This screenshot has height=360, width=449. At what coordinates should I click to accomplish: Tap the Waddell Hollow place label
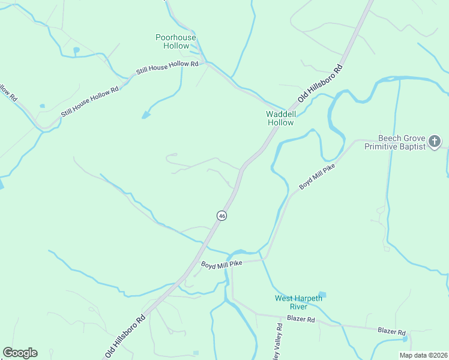click(x=280, y=118)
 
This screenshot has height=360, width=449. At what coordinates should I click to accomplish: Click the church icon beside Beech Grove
click(x=435, y=142)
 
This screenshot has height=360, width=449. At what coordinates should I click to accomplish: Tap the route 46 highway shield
click(x=221, y=216)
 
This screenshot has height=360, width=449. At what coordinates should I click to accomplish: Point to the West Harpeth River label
click(x=298, y=302)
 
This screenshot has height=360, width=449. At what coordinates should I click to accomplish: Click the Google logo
click(x=20, y=353)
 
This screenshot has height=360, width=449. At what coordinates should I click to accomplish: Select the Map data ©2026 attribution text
click(x=423, y=355)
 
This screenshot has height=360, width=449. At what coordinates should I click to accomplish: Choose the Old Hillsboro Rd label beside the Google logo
click(x=125, y=334)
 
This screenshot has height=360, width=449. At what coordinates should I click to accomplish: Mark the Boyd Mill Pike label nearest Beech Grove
click(x=317, y=176)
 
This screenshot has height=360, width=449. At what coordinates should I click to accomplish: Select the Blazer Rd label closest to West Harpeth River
click(x=301, y=319)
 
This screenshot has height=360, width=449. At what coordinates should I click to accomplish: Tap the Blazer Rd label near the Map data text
click(x=391, y=331)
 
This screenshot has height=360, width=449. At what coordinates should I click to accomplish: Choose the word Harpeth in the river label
click(x=308, y=298)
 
